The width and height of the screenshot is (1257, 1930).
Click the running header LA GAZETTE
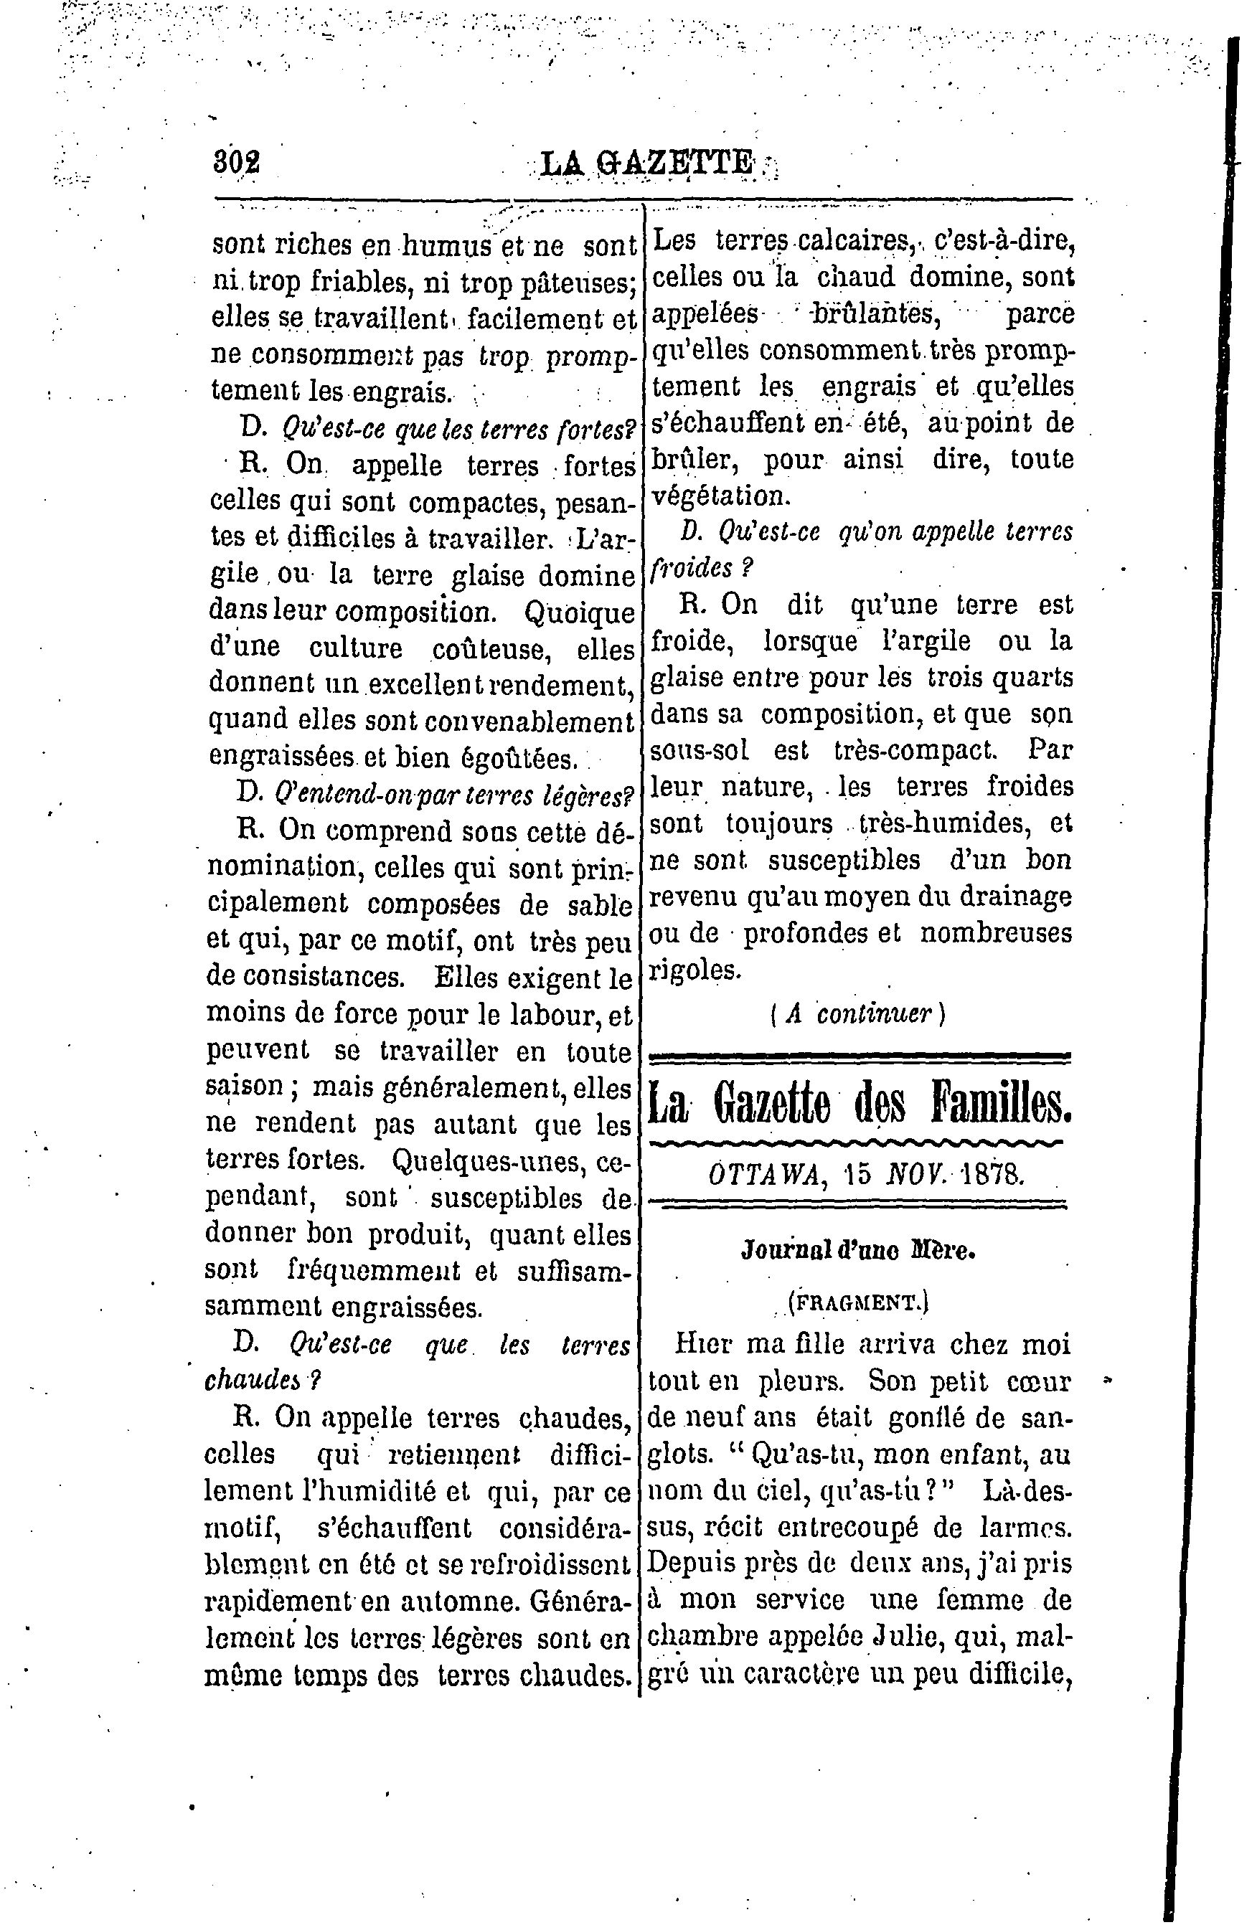(x=646, y=164)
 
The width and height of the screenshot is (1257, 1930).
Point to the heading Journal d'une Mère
(x=858, y=1249)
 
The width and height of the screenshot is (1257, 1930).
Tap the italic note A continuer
(x=858, y=1013)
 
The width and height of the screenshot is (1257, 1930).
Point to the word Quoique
(x=579, y=612)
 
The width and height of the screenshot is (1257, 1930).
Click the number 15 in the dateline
(x=851, y=1173)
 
